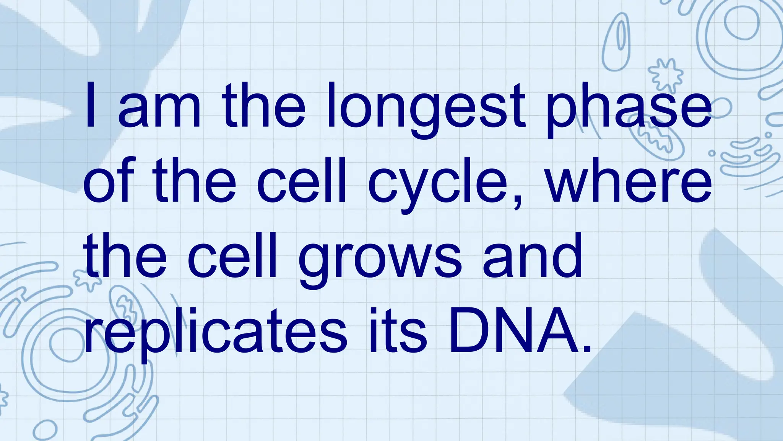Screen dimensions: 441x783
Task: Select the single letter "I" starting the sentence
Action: tap(90, 105)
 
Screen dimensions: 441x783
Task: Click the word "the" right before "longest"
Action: tap(263, 105)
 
